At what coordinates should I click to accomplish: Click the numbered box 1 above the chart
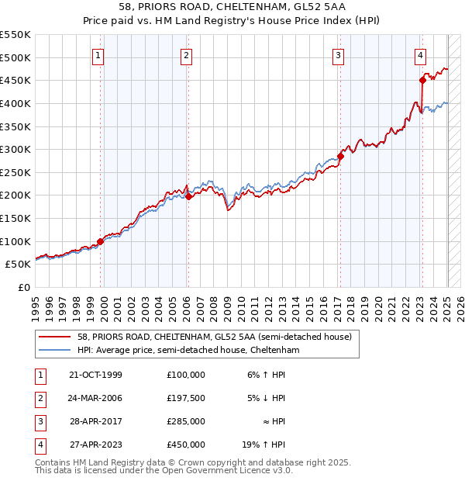tap(100, 55)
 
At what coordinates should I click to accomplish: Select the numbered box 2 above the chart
tap(188, 55)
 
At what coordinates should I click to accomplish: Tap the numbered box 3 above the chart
tap(339, 55)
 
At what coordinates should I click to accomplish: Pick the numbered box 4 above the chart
tap(420, 55)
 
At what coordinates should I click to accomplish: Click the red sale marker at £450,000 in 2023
tap(422, 79)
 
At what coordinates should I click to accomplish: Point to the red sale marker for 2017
tap(340, 156)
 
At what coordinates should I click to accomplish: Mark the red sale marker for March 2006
tap(188, 196)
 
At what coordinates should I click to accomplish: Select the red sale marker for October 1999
tap(100, 241)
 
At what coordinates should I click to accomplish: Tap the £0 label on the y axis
tap(25, 287)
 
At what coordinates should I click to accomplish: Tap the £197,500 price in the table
tap(185, 398)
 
